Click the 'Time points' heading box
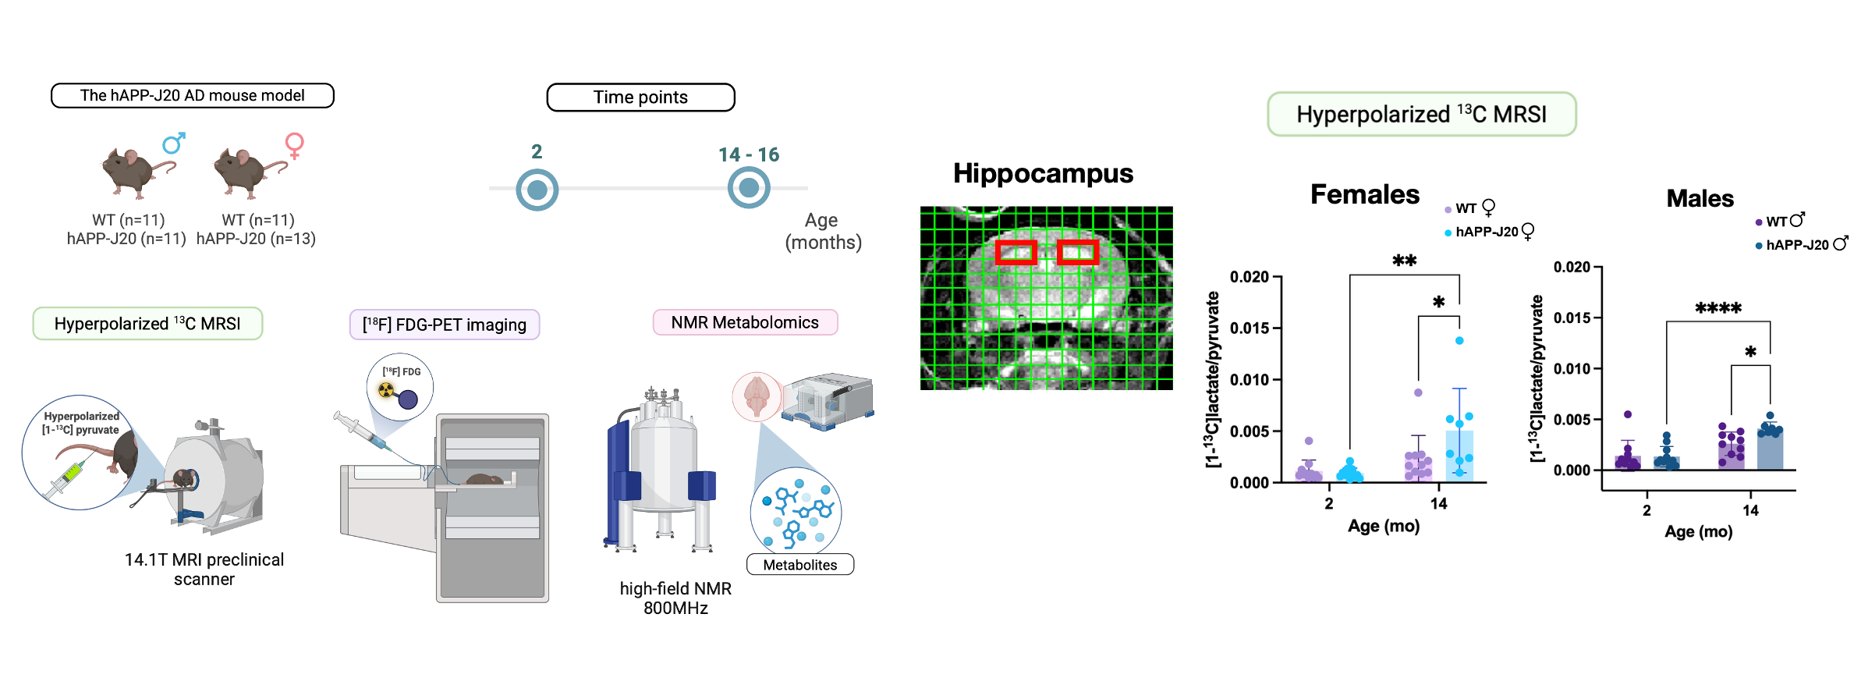[640, 98]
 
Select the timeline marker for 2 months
[537, 190]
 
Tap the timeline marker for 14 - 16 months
[749, 188]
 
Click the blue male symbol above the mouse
[174, 143]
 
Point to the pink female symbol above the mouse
[294, 145]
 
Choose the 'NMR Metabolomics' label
[745, 322]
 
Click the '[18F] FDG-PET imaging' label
[445, 325]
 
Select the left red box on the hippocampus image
[1016, 251]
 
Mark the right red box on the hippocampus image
[1078, 251]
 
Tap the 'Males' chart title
[1700, 198]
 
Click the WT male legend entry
[1780, 221]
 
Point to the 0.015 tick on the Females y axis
[1250, 328]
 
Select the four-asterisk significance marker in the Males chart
[1718, 308]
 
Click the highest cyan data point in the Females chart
[1459, 340]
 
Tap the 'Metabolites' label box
[800, 564]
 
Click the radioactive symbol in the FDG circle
[386, 389]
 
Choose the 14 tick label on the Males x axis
[1750, 510]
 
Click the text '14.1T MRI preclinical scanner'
[204, 570]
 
